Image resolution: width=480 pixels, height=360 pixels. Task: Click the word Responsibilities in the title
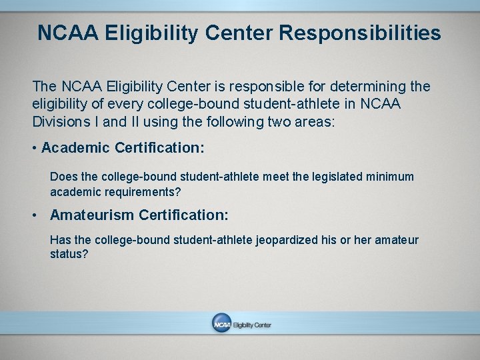(x=363, y=33)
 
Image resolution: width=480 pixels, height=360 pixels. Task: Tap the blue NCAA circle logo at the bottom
(x=221, y=324)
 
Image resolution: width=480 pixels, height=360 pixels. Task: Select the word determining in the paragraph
(x=371, y=87)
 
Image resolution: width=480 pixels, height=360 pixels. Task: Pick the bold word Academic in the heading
(x=76, y=147)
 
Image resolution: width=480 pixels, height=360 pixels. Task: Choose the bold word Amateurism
(x=93, y=215)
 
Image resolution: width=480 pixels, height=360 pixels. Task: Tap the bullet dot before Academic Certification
(x=34, y=148)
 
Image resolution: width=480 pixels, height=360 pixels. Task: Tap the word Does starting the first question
(x=63, y=177)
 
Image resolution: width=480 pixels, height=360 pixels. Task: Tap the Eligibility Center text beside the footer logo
(x=252, y=325)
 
